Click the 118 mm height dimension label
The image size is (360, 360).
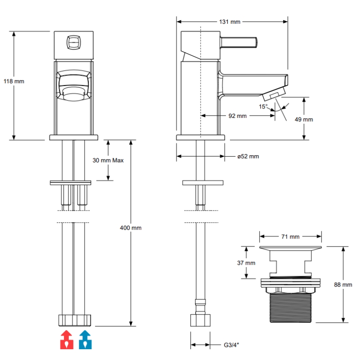[14, 81]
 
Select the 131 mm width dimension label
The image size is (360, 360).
[229, 22]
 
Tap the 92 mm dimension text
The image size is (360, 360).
[238, 116]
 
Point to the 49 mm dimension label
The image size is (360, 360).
[304, 119]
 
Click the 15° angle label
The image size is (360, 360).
[263, 107]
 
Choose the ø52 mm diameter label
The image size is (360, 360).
[248, 156]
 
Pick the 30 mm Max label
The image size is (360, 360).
[108, 160]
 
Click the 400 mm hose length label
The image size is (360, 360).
[130, 228]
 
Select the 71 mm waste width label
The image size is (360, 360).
[290, 237]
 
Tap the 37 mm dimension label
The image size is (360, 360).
[246, 263]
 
